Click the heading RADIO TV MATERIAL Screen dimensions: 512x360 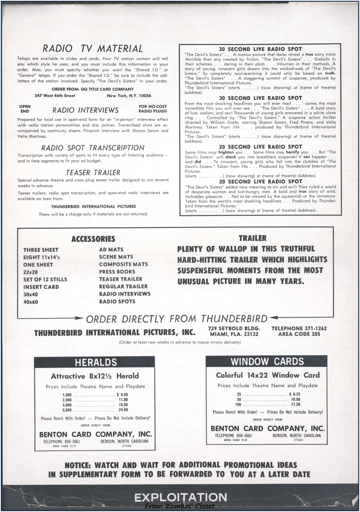pos(93,49)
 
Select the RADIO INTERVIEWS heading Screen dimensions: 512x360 pos(85,110)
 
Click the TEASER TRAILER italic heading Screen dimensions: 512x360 pos(93,173)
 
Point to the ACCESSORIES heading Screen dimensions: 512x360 pos(93,239)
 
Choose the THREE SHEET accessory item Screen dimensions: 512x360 pos(41,250)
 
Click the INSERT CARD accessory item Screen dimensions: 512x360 pos(41,287)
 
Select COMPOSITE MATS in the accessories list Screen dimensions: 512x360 pos(123,264)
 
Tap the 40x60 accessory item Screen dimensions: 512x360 pos(31,302)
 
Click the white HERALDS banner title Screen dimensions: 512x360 pos(96,362)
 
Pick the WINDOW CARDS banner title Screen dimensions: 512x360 pos(267,362)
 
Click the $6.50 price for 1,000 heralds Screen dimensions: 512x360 pos(122,395)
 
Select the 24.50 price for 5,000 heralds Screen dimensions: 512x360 pos(123,410)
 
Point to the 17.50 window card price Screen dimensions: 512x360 pos(295,404)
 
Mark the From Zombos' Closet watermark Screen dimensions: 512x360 pos(180,506)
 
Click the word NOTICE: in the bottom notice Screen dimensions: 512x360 pos(78,465)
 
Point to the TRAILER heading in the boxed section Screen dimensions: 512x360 pos(253,238)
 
